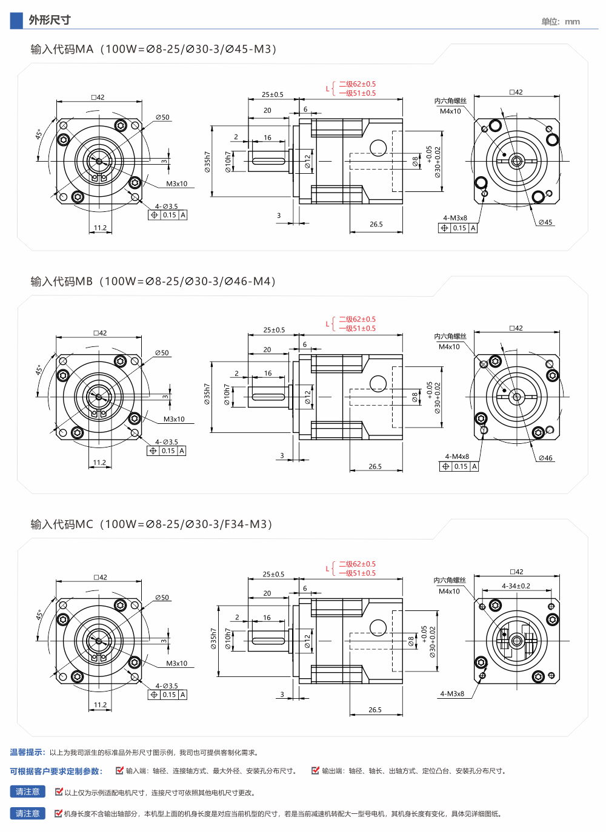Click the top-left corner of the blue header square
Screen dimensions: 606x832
coord(10,13)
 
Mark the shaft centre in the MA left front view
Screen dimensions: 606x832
coord(99,161)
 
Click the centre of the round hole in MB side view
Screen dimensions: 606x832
coord(378,383)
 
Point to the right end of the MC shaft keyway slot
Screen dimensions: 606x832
coord(284,641)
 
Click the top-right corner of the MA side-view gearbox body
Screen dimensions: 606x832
coord(402,119)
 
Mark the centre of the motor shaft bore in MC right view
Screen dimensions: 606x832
coord(516,641)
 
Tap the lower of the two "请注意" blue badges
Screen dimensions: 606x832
coord(27,813)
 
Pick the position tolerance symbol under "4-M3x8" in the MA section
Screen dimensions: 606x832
coord(444,228)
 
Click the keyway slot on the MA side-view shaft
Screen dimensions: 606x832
coord(268,161)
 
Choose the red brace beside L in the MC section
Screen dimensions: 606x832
coord(333,568)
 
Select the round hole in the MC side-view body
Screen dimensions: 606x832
coord(378,627)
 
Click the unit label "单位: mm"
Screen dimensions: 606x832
coord(561,22)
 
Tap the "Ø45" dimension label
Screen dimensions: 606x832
coord(545,222)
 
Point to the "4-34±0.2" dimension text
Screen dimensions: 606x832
coord(516,586)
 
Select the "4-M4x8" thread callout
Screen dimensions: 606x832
coord(457,456)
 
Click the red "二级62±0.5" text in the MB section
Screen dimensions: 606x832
coord(358,319)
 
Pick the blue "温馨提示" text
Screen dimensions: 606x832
coord(27,752)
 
